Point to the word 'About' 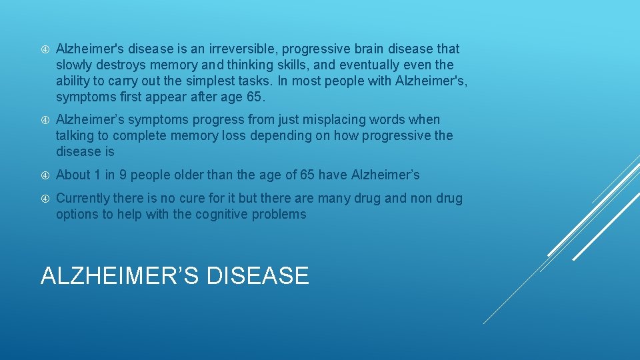coord(73,175)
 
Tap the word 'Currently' coord(83,199)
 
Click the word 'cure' coord(193,199)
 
